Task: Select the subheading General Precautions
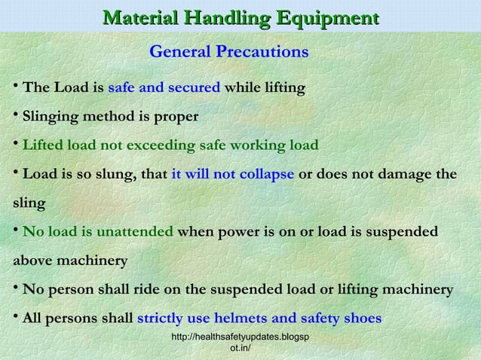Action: click(x=228, y=53)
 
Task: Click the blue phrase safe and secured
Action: click(x=164, y=87)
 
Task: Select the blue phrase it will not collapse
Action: click(x=233, y=174)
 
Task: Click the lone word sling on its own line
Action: click(x=28, y=203)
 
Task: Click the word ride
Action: click(x=155, y=290)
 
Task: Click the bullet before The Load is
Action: click(x=15, y=86)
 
